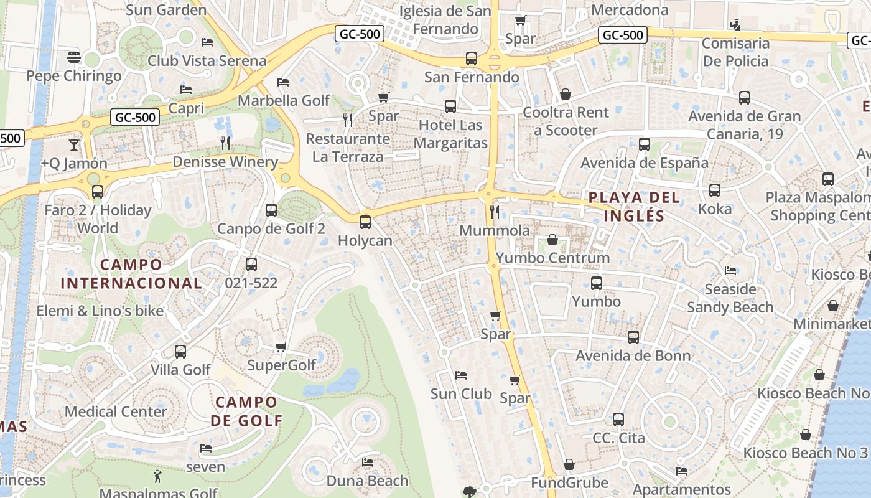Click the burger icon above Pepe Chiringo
[x=74, y=57]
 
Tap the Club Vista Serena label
[x=207, y=61]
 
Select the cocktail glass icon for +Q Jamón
[x=74, y=145]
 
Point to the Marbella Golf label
[x=284, y=100]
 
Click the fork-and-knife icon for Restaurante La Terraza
[x=348, y=120]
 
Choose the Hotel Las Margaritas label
[x=450, y=134]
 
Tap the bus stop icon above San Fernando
[x=472, y=59]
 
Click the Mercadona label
[x=630, y=10]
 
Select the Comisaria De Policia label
[x=735, y=52]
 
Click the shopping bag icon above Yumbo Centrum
[x=552, y=240]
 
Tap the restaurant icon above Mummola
[x=495, y=212]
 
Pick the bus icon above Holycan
[x=365, y=222]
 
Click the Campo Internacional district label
[x=131, y=274]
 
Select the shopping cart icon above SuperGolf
[x=281, y=347]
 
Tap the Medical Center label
[x=116, y=411]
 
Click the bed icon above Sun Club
[x=461, y=375]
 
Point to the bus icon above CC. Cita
[x=618, y=420]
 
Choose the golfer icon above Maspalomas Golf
[x=158, y=477]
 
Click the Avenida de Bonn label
[x=633, y=355]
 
